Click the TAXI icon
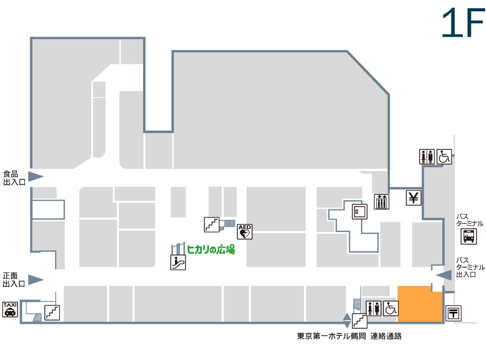click(x=10, y=309)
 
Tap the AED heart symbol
click(x=245, y=232)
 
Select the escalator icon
click(x=178, y=262)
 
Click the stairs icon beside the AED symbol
click(x=212, y=225)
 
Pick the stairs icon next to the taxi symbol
click(x=52, y=313)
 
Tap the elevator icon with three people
click(x=382, y=202)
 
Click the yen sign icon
click(x=414, y=198)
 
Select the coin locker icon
click(x=360, y=212)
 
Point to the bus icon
click(x=469, y=236)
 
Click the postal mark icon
click(x=454, y=313)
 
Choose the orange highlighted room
click(x=420, y=304)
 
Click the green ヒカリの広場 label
click(x=211, y=249)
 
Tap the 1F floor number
click(x=463, y=23)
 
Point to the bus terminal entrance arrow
click(x=444, y=275)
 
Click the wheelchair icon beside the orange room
click(x=391, y=308)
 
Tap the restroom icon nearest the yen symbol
click(x=427, y=157)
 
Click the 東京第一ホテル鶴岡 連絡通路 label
click(x=349, y=336)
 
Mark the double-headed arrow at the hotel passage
click(x=347, y=321)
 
